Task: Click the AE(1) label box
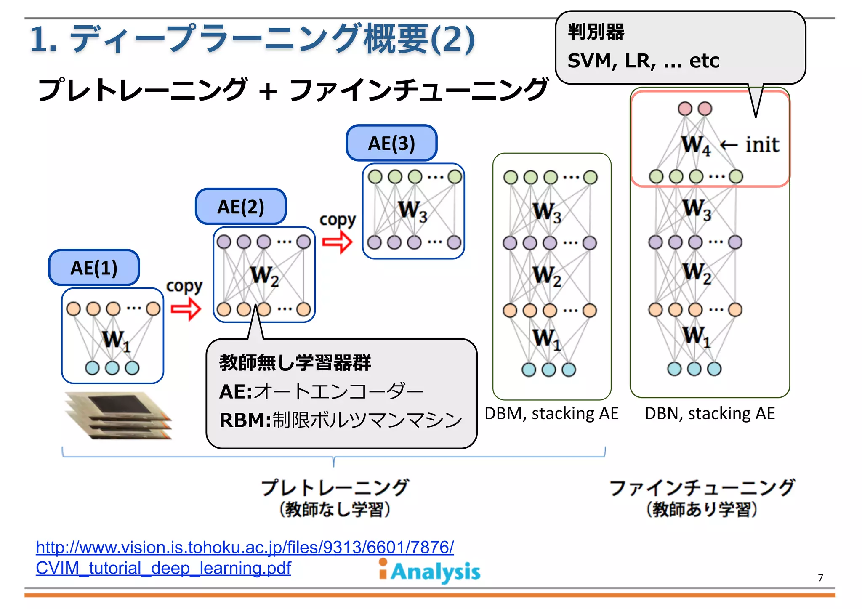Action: tap(94, 268)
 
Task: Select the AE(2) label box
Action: tap(241, 207)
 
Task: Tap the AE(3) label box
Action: tap(391, 143)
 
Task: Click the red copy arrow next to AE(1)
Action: tap(186, 309)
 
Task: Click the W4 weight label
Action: tap(696, 146)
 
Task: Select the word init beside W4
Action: tap(762, 145)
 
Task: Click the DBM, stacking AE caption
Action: tap(551, 413)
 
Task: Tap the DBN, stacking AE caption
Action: tap(710, 413)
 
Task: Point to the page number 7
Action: tap(820, 577)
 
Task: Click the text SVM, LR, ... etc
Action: tap(643, 61)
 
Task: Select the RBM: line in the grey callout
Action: tap(340, 420)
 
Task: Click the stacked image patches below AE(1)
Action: tap(118, 416)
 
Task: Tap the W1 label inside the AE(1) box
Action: tap(116, 340)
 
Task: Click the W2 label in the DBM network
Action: tap(547, 276)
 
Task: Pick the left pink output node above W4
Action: tap(685, 109)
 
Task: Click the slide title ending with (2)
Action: tap(253, 39)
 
